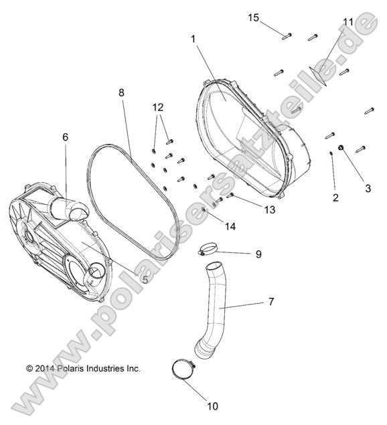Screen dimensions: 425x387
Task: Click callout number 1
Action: (x=193, y=39)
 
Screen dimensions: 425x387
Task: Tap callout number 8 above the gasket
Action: (x=121, y=93)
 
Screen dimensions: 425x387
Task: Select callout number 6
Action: (x=65, y=137)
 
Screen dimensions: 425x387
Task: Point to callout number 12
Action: (x=157, y=107)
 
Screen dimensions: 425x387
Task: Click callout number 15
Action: (x=252, y=17)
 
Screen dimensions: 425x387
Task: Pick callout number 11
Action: (x=347, y=22)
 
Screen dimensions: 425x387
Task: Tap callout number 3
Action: (x=367, y=189)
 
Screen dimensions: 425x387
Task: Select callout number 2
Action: (x=335, y=197)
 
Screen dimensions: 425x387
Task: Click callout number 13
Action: (x=268, y=209)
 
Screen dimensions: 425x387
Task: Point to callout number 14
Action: (x=230, y=227)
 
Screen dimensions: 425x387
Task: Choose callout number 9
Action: (x=258, y=254)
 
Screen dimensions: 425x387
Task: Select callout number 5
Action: (x=145, y=280)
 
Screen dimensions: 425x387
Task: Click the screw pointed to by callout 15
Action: (x=287, y=34)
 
